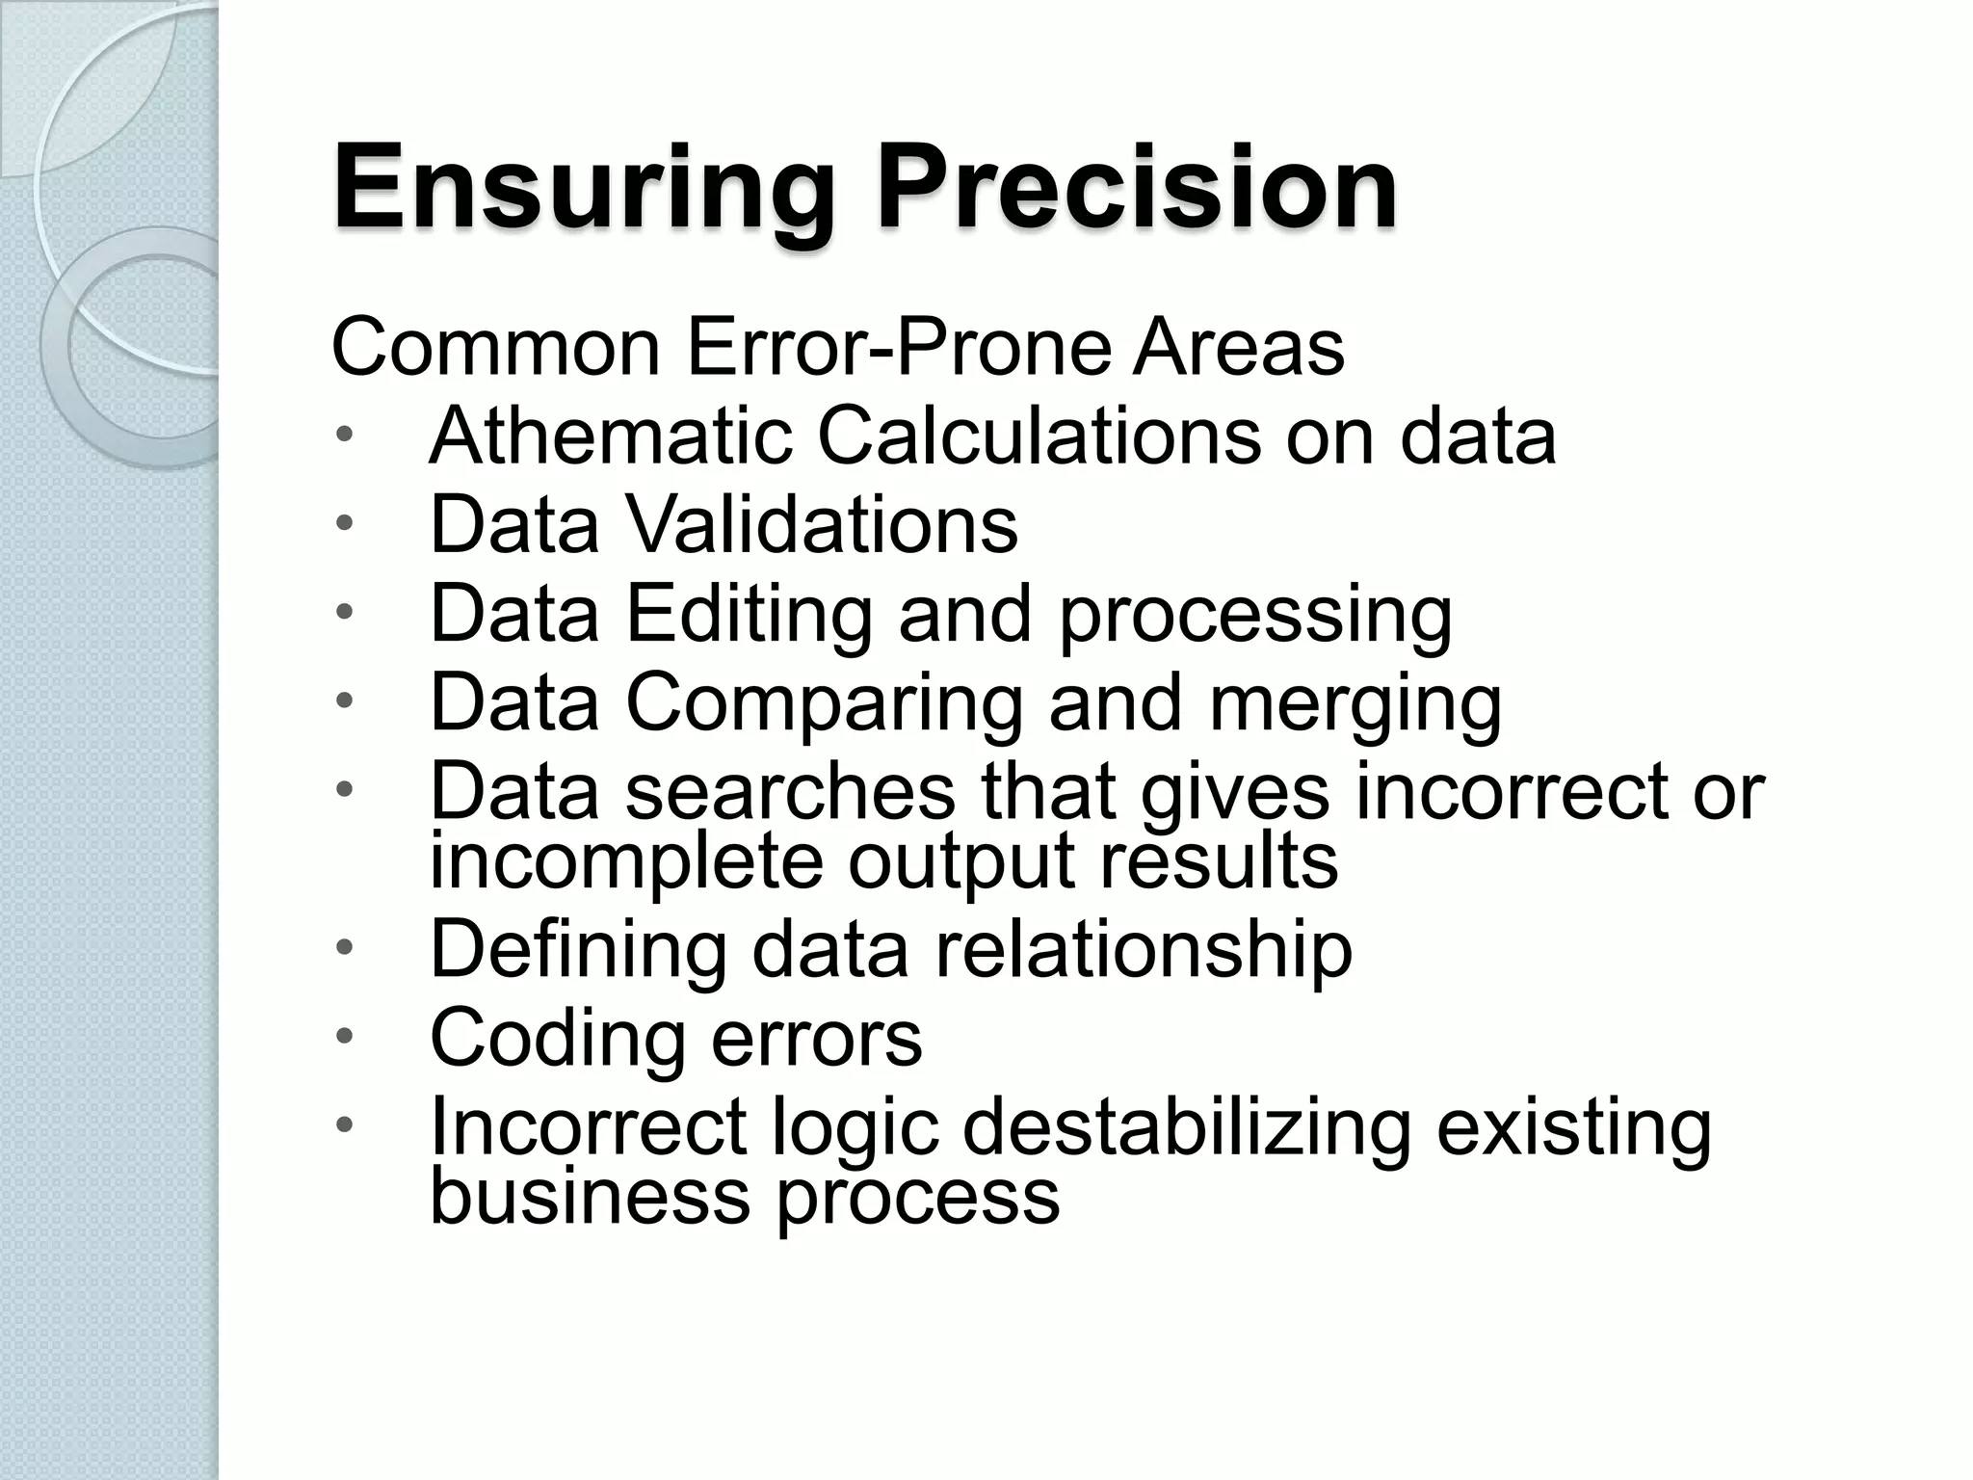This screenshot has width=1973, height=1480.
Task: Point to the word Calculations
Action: tap(1039, 436)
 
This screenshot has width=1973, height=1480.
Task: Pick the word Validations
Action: tap(821, 525)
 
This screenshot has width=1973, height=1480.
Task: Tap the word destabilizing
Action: tap(1187, 1127)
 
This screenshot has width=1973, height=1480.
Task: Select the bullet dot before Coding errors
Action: tap(345, 1038)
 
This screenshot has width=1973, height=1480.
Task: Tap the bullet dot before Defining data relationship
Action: tap(345, 949)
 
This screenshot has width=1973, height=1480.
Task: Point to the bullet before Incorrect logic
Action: tap(345, 1125)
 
